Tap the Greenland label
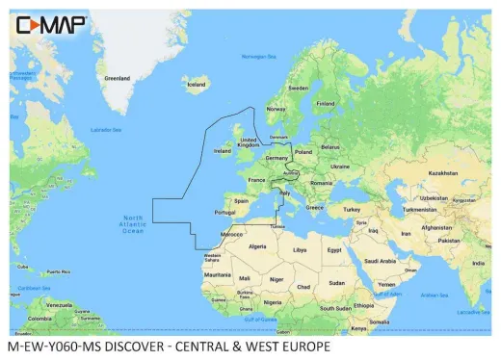point(117,78)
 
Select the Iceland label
point(197,85)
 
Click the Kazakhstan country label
point(443,173)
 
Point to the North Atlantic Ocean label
point(132,224)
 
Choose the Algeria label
point(256,246)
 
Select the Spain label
point(242,201)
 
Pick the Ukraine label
point(341,166)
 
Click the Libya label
point(300,249)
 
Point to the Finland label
point(326,103)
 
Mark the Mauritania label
point(218,273)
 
